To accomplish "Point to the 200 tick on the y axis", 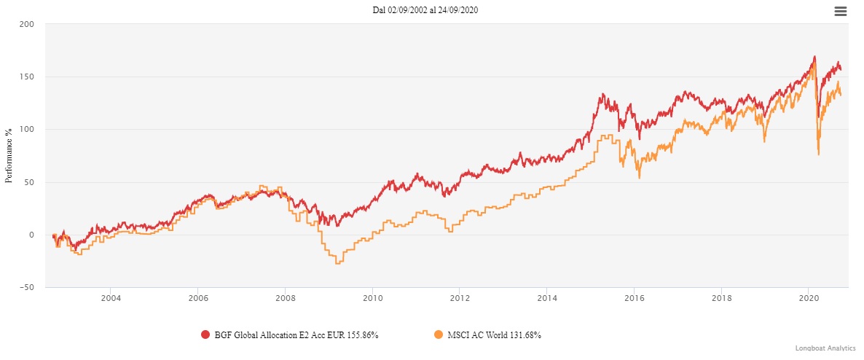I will coord(27,24).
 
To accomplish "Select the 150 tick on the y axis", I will coord(27,77).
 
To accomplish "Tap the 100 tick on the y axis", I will coord(27,130).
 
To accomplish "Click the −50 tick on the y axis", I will coord(25,287).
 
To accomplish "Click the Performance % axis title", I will coord(9,156).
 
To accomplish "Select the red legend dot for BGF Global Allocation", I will coord(205,334).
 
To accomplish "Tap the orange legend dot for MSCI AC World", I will coord(439,334).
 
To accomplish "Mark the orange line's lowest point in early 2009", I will coord(337,263).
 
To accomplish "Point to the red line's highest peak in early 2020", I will coord(814,57).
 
